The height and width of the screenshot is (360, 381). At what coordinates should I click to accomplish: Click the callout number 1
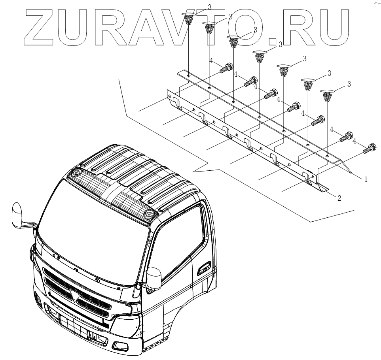click(x=366, y=179)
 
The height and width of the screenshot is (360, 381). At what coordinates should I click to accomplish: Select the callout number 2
click(x=339, y=198)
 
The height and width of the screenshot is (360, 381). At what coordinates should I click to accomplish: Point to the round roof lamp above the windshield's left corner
click(x=75, y=173)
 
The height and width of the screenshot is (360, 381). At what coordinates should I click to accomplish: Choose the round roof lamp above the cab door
click(x=149, y=214)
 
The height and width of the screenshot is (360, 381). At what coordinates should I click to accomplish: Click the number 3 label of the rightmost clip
click(x=349, y=84)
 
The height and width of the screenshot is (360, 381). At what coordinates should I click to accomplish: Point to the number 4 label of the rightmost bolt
click(x=354, y=141)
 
